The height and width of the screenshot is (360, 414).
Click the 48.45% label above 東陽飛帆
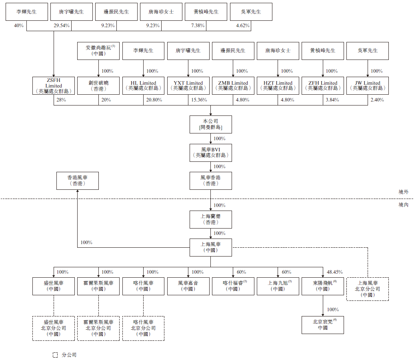click(x=335, y=272)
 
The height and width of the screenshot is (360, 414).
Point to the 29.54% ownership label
click(x=62, y=26)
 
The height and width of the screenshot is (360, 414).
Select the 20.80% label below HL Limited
click(x=154, y=100)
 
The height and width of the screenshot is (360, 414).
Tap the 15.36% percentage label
click(x=199, y=100)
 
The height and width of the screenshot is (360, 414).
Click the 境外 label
click(x=404, y=192)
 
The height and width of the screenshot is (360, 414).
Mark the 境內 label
click(x=404, y=205)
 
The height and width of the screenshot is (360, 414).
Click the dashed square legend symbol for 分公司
click(x=55, y=355)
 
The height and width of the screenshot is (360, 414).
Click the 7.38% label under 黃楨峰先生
click(x=198, y=26)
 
